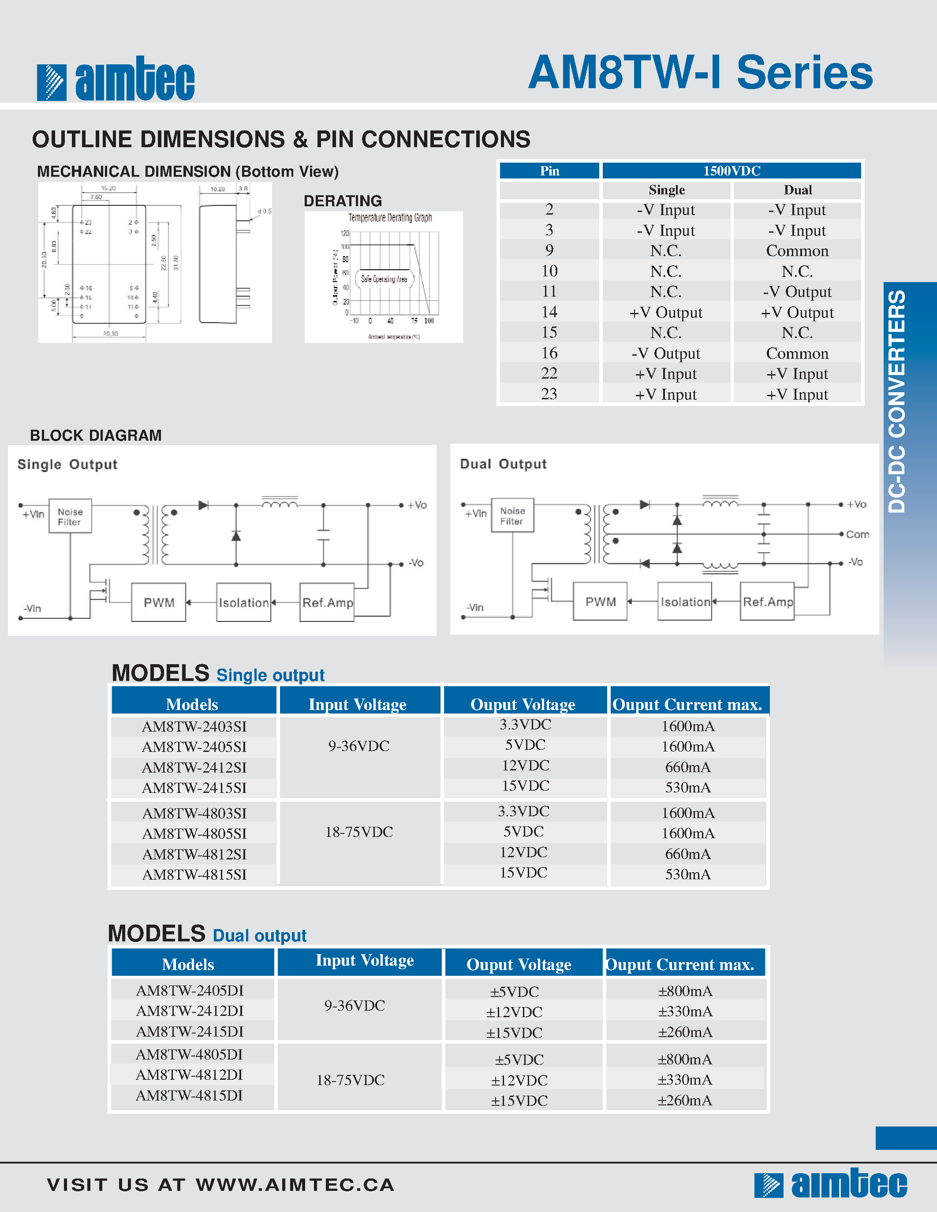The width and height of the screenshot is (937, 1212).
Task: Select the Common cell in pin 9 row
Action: [797, 251]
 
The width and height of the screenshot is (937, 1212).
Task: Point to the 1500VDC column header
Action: [731, 171]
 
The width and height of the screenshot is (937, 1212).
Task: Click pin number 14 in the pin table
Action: [549, 312]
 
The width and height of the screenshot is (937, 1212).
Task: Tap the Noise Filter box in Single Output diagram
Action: [70, 517]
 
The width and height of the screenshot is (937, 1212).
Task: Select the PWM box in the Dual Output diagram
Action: [600, 602]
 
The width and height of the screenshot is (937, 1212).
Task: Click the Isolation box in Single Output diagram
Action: [244, 602]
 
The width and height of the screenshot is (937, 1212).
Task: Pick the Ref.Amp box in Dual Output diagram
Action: [768, 602]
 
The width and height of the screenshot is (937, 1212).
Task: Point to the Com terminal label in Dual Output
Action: [857, 535]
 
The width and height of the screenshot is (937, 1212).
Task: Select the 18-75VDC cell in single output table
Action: [358, 832]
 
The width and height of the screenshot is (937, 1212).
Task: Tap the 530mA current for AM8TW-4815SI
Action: [687, 874]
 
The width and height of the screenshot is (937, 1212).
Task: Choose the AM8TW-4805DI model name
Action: [189, 1054]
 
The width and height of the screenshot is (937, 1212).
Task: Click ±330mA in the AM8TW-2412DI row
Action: [685, 1011]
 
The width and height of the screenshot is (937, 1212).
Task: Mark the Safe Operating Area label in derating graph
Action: [384, 279]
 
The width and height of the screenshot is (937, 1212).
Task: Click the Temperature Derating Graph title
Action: [390, 218]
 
